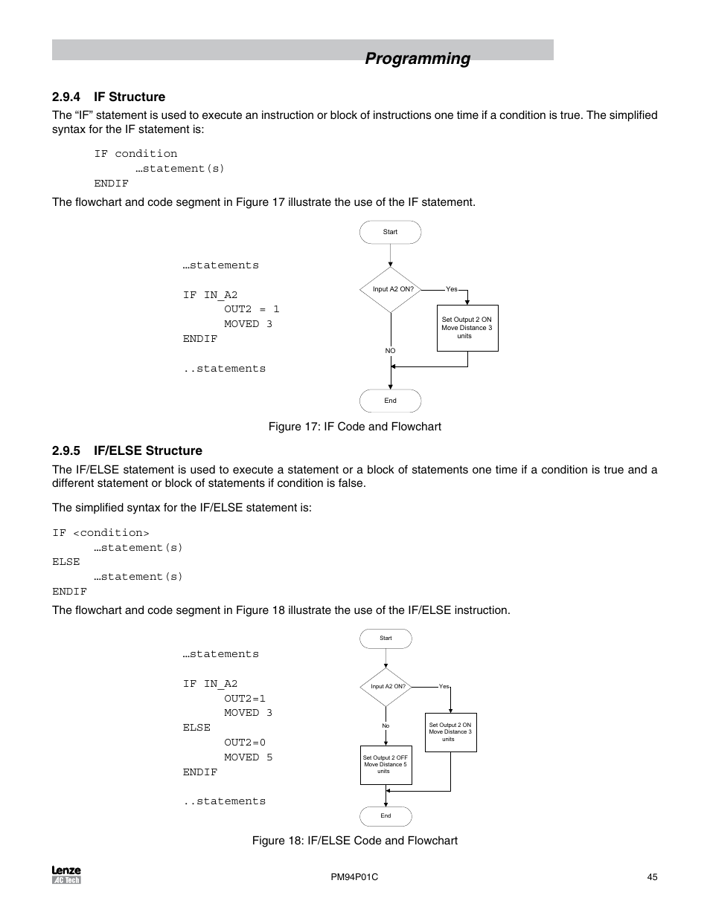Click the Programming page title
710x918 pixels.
(x=418, y=59)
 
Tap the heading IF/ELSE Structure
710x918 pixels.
(x=148, y=450)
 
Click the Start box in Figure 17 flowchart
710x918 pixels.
(x=390, y=232)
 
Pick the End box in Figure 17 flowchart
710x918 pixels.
(x=390, y=401)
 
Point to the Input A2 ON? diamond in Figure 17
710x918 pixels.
(x=391, y=289)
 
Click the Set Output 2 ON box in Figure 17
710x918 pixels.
(x=467, y=328)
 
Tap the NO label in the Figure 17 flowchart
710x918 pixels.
(x=390, y=351)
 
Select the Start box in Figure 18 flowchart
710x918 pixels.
(x=386, y=639)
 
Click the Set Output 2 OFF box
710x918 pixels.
(x=386, y=765)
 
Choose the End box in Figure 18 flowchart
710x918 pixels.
(x=386, y=816)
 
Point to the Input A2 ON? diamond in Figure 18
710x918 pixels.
(x=386, y=687)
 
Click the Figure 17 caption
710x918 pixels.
(x=354, y=427)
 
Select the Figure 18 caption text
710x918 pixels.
(x=354, y=841)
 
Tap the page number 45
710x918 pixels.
(x=652, y=877)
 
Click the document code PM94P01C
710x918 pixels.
(x=354, y=877)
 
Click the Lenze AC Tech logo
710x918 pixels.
(x=66, y=875)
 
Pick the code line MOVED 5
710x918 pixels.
(x=248, y=757)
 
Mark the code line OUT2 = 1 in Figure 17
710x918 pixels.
(x=252, y=309)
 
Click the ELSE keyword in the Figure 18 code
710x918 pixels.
(x=196, y=728)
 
